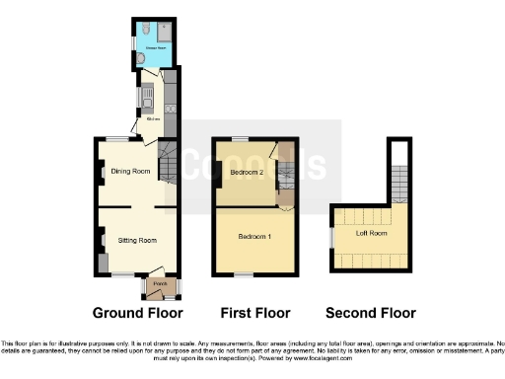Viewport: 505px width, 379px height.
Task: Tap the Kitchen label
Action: click(x=153, y=119)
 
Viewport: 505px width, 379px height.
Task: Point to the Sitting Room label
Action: click(x=138, y=240)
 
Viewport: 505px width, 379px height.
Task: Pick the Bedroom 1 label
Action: click(x=255, y=237)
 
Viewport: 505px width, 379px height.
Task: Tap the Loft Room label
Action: click(x=372, y=233)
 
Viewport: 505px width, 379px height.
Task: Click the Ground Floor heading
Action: click(x=137, y=313)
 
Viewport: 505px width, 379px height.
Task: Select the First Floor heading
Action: click(x=255, y=313)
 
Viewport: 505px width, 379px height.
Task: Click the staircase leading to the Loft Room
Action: click(x=398, y=183)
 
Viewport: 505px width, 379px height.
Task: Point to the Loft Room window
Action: click(x=331, y=237)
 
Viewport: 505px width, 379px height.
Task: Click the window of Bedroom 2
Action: click(x=240, y=139)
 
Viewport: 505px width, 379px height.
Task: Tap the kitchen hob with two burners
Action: click(x=170, y=108)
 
